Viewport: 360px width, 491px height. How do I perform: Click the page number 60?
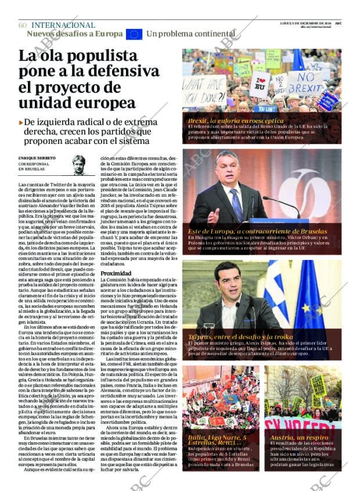tap(23, 25)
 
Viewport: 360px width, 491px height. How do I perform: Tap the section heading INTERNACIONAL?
tap(63, 25)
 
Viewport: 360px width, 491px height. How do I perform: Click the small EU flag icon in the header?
tap(134, 34)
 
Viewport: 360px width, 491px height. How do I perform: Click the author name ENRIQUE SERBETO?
tap(37, 158)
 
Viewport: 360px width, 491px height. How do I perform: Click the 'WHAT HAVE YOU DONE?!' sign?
tap(204, 88)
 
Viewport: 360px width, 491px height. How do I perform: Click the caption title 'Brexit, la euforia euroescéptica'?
tap(235, 121)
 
